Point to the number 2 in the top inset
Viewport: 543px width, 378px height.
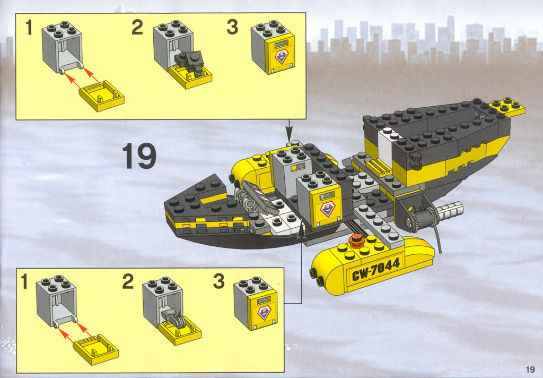[137, 28]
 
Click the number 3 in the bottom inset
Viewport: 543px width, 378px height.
[219, 281]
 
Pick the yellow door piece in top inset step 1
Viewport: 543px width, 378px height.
[101, 96]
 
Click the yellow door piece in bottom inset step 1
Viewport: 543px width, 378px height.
[96, 349]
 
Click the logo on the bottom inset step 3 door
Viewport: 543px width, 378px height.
[264, 313]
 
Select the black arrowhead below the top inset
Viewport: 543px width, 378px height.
[290, 133]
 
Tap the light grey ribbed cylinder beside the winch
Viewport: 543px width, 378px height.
[449, 210]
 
